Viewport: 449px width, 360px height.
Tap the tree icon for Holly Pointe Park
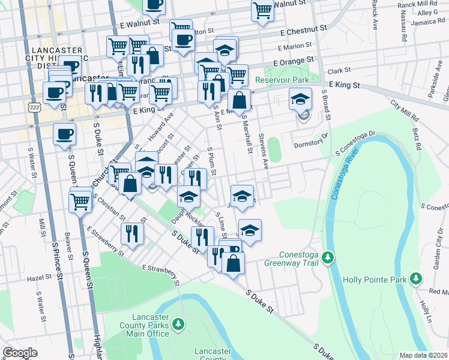[415, 279]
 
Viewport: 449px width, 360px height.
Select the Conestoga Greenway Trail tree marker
[327, 258]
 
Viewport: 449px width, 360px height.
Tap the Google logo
[20, 353]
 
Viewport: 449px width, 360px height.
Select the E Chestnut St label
[303, 29]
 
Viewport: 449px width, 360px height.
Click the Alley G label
[427, 13]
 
